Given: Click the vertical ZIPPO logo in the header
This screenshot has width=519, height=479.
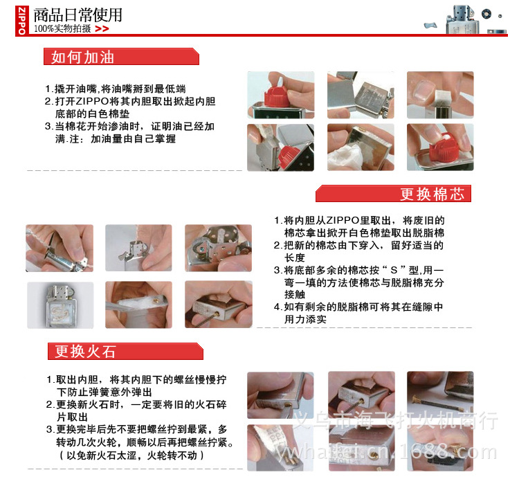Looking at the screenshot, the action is pos(22,21).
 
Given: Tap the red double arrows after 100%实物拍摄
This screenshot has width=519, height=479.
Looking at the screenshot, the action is pos(102,29).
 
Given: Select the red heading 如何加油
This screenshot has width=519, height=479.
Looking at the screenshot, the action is pos(83,57).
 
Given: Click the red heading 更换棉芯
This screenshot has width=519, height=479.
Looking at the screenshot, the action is pos(432,194).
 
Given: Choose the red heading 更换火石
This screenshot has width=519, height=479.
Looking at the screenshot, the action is pos(85,352).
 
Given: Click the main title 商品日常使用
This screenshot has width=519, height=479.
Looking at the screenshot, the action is pos(78,15).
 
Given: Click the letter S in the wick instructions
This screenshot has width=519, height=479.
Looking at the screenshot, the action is pos(394,271).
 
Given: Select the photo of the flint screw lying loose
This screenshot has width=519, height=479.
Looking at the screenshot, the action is pos(440,395).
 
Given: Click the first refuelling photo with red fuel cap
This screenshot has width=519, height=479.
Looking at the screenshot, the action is pos(281,95).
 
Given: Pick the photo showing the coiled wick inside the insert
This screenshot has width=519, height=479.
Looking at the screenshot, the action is pos(60,305).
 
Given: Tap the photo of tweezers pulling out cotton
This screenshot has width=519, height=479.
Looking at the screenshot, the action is pos(138,305).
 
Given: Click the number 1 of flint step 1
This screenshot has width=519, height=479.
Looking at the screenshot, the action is pos(49,380).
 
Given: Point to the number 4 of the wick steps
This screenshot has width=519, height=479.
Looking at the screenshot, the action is pos(277,307).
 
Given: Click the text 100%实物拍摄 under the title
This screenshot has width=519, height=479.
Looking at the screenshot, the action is pos(62,29).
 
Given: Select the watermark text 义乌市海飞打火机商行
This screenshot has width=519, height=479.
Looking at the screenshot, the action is pos(396,419).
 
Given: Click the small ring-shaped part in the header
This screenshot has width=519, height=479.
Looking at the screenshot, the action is pos(486,14).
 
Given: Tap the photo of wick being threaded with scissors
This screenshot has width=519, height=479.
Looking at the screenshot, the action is pos(60,248).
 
